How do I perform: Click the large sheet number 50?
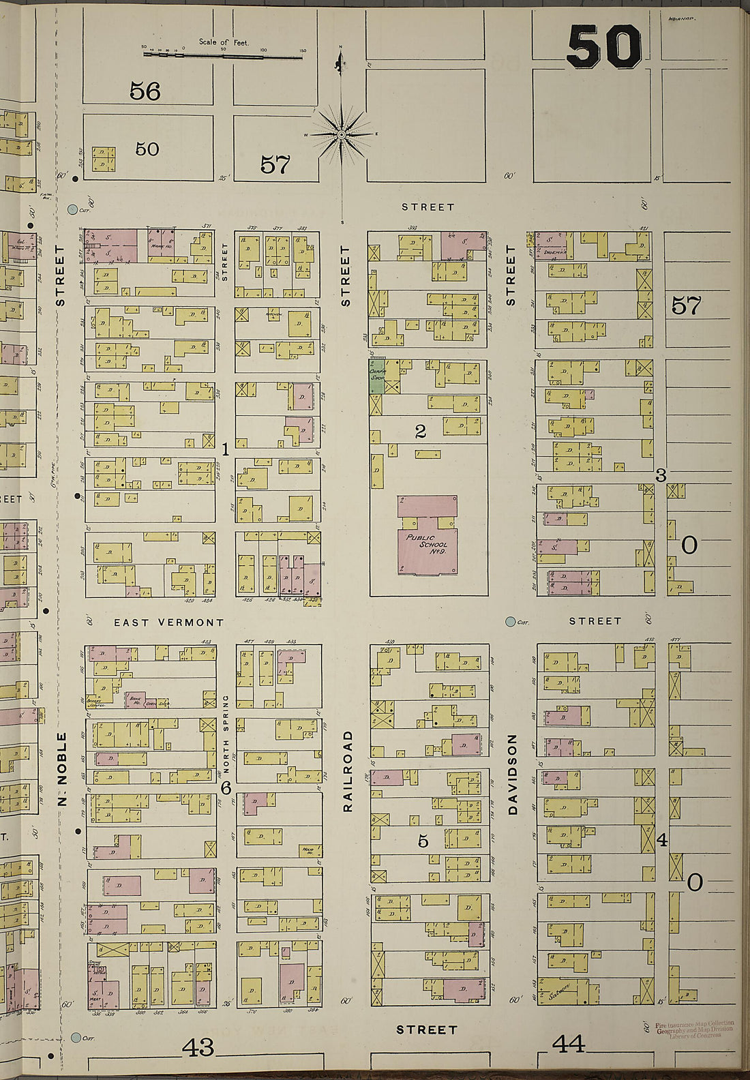point(603,47)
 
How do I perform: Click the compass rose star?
point(341,136)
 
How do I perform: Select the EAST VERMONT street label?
point(168,622)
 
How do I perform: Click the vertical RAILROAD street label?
point(347,770)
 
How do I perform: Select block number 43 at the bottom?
point(198,1046)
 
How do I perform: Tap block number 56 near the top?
point(145,91)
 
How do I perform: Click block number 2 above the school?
point(420,431)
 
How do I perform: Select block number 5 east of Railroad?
point(423,841)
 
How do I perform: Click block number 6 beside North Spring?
point(226,787)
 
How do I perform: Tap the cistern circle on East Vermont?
point(509,621)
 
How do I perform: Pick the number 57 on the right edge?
point(686,306)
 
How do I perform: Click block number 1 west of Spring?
point(226,449)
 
